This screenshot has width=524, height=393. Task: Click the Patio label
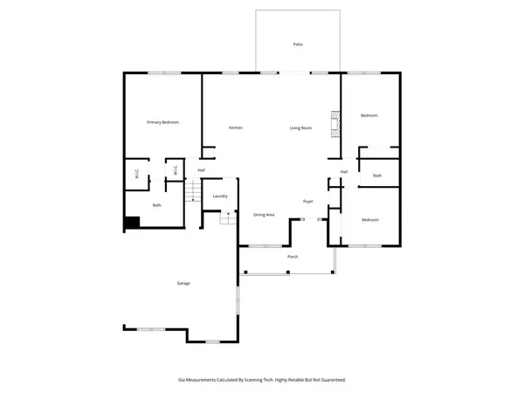pos(297,44)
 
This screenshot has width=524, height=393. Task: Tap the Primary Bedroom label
pos(162,122)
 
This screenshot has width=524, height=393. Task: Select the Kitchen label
pos(236,128)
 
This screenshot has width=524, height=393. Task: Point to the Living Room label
pos(301,128)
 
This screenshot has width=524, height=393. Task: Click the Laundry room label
pos(220,196)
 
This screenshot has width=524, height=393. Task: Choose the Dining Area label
pos(265,214)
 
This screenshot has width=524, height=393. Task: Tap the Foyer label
pos(308,201)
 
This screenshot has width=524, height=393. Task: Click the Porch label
pos(293,257)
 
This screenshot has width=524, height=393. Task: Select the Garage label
pos(183,283)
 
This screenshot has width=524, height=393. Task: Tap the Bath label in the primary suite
pos(157,205)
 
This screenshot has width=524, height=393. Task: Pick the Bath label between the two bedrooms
pos(377,176)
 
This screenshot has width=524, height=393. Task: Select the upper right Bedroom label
pos(370,115)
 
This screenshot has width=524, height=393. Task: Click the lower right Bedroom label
pos(370,219)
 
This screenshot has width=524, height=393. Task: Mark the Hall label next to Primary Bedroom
pos(201,170)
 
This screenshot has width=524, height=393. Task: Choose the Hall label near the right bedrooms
pos(344,171)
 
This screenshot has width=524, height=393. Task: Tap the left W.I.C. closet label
pos(137,174)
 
